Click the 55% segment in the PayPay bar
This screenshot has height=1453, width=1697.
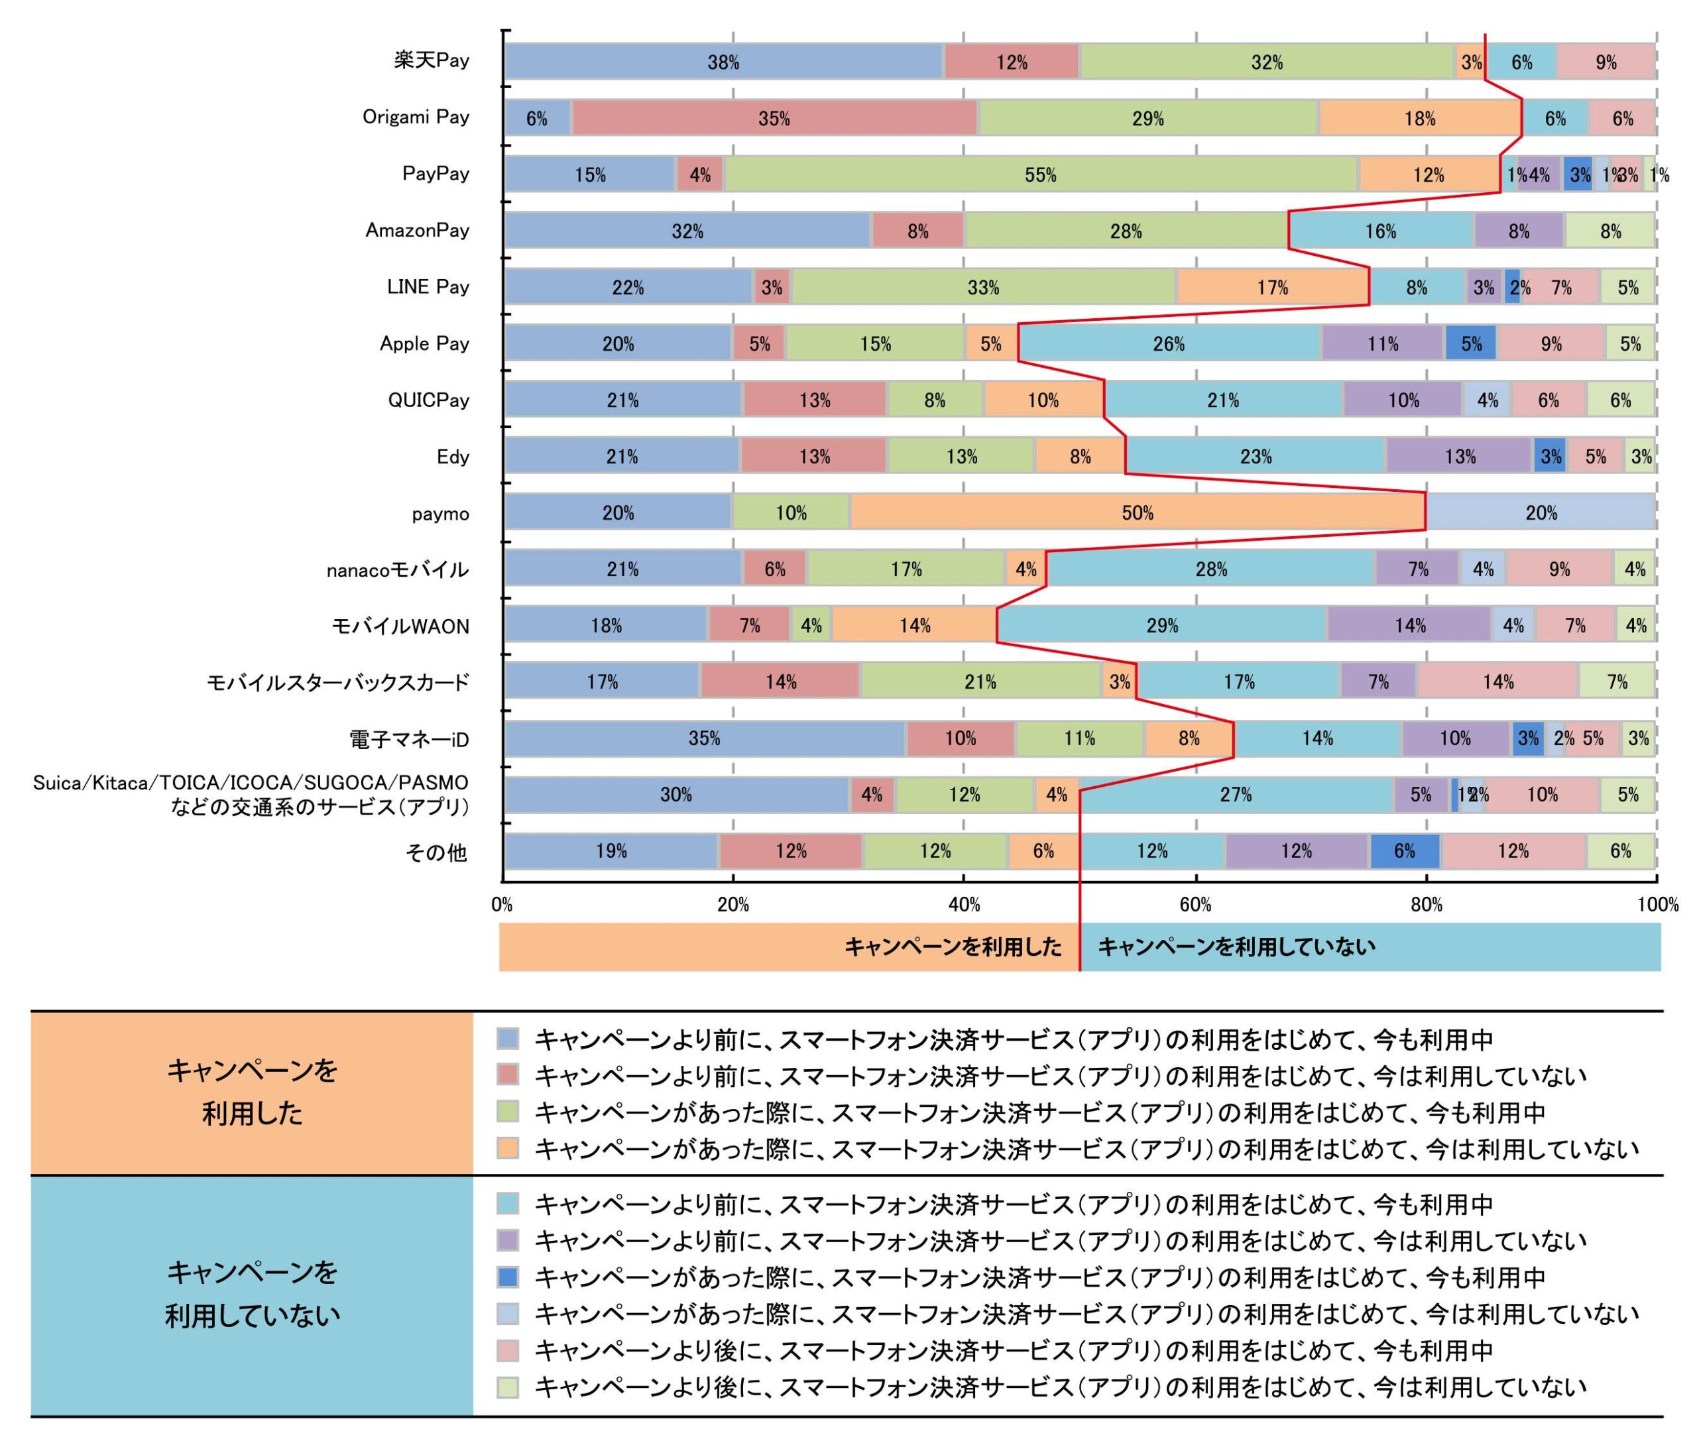tap(1040, 174)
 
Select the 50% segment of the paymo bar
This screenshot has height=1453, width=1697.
tap(1137, 513)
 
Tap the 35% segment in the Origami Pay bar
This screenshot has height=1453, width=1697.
tap(774, 119)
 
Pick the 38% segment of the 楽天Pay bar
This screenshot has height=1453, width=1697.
tap(723, 62)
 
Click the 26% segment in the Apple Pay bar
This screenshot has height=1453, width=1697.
tap(1169, 343)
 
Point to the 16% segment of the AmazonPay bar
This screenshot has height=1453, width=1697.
tap(1380, 231)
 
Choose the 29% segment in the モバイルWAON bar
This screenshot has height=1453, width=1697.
tap(1161, 626)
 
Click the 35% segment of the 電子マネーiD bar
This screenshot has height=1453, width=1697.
tap(705, 738)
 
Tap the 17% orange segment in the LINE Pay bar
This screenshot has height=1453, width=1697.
tap(1273, 288)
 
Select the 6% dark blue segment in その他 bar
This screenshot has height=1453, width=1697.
tap(1404, 851)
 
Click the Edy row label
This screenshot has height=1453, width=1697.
tap(452, 457)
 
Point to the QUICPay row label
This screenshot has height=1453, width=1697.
tap(428, 400)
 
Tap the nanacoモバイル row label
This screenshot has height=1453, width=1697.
tap(397, 570)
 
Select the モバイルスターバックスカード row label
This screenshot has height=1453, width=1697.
tap(337, 682)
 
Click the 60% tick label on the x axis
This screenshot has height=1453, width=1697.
tap(1195, 905)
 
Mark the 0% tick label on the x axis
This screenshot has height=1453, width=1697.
tap(502, 905)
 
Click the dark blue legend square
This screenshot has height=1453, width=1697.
tap(508, 1277)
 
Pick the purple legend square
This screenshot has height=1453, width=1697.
tap(508, 1241)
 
